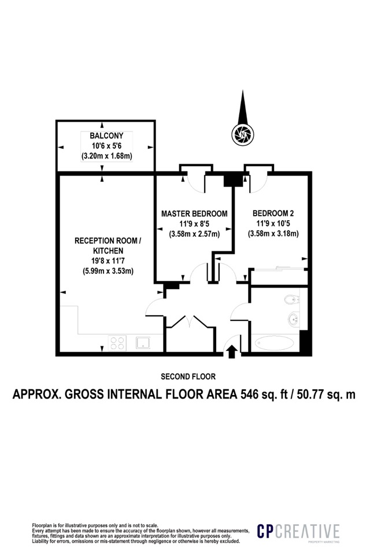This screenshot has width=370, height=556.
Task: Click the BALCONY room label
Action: tap(106, 136)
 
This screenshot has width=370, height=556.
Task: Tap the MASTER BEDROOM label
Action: tap(194, 214)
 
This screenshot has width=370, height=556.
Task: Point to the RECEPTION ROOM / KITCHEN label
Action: tap(108, 246)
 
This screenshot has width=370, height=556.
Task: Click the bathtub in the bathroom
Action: tap(275, 343)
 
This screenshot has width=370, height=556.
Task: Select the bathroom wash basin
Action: tap(293, 318)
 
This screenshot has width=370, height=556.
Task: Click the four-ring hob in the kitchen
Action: tap(117, 343)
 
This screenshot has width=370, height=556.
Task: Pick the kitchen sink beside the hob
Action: tap(143, 342)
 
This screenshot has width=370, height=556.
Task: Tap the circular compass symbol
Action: tap(243, 134)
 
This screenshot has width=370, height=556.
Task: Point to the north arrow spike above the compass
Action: tap(243, 107)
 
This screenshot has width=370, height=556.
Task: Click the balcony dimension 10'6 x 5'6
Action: tap(106, 146)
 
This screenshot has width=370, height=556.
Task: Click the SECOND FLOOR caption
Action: tap(188, 376)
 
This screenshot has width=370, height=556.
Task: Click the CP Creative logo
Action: tap(298, 532)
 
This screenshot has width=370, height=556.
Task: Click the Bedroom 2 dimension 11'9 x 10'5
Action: tap(273, 224)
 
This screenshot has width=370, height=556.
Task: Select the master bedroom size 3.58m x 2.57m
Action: tap(194, 234)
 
